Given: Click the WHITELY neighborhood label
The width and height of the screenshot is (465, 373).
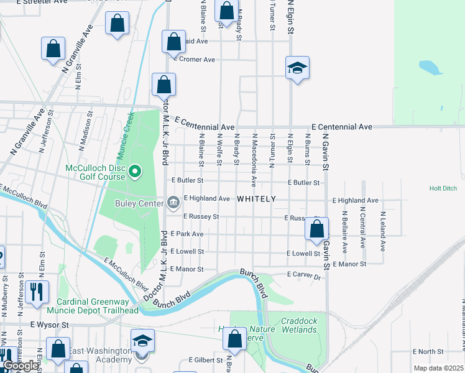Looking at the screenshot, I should click(x=256, y=199).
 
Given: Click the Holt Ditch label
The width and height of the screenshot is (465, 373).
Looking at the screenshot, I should click(x=443, y=188).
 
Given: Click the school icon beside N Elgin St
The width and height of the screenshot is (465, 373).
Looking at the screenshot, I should click(x=297, y=68).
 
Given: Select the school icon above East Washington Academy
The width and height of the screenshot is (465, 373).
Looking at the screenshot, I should click(x=142, y=341).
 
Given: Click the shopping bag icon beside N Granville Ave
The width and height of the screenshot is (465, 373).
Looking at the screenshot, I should click(x=53, y=49).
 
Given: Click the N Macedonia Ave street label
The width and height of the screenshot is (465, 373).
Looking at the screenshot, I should click(x=254, y=168).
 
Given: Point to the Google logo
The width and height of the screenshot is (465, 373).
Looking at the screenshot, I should click(x=21, y=366).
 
